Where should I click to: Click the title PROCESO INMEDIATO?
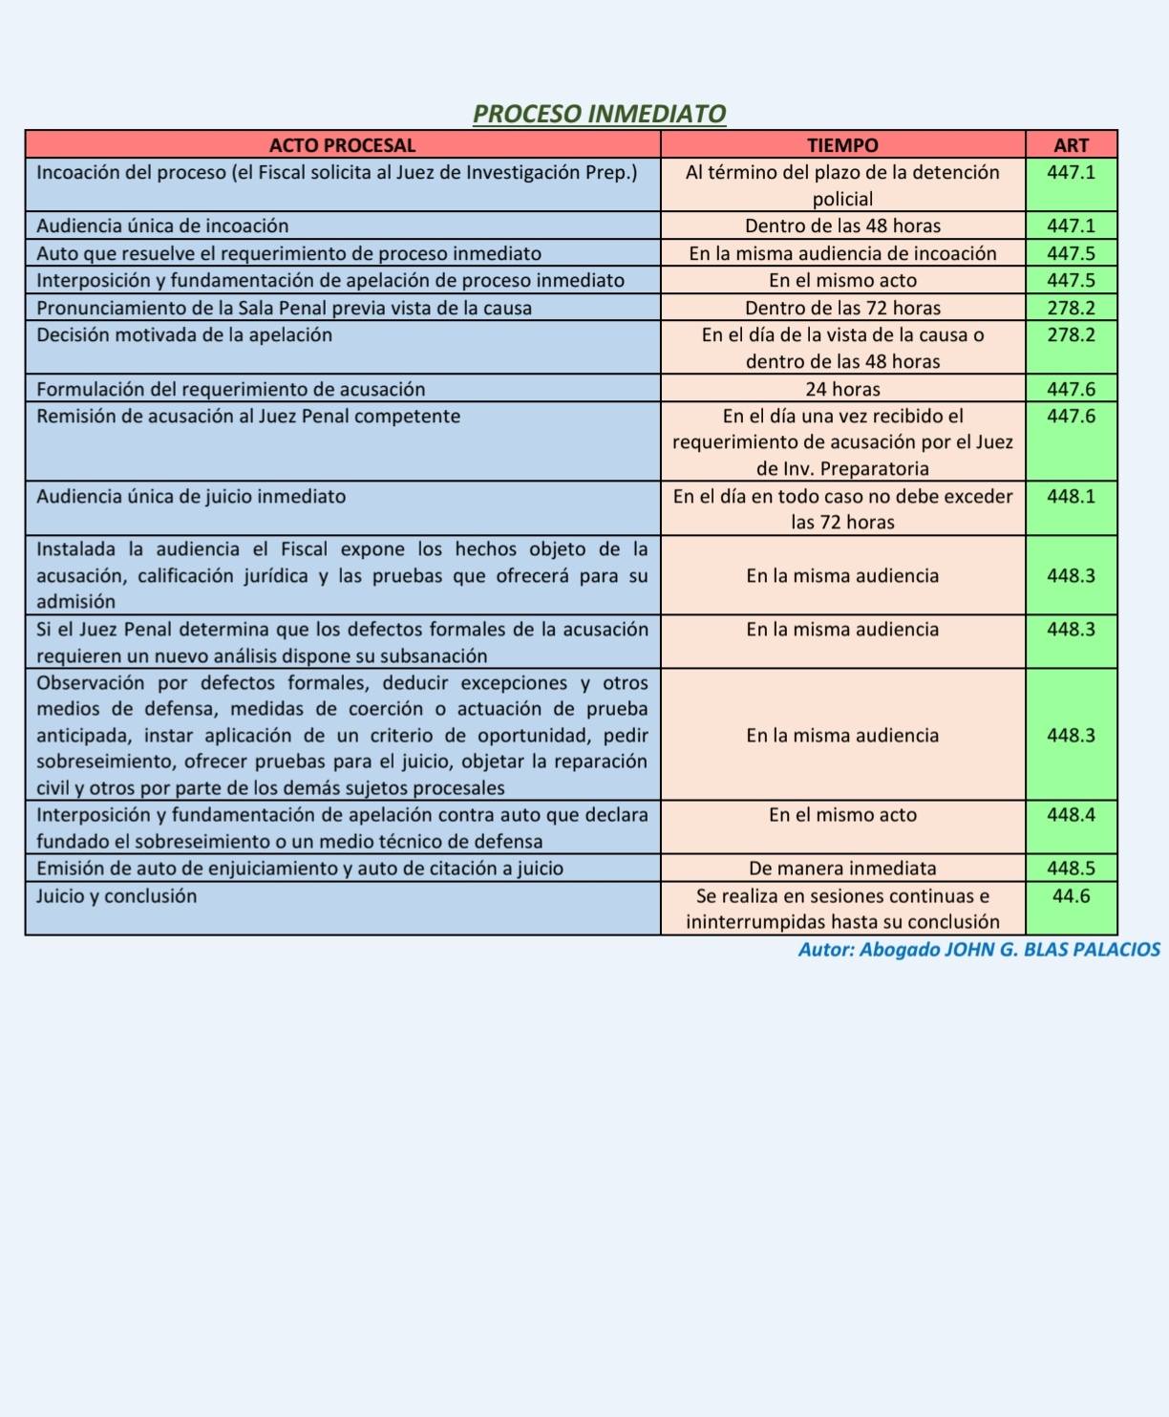click(x=599, y=114)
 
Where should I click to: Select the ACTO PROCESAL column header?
click(x=342, y=145)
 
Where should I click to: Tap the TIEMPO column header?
click(x=841, y=145)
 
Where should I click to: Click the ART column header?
click(x=1071, y=145)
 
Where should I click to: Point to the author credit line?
click(x=979, y=950)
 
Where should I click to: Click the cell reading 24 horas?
click(x=842, y=389)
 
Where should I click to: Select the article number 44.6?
click(x=1071, y=896)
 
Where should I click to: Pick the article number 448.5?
click(x=1071, y=869)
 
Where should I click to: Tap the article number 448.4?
click(x=1071, y=815)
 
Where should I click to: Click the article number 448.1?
click(x=1071, y=497)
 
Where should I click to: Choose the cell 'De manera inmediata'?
click(x=842, y=869)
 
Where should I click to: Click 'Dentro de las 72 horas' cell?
click(x=842, y=308)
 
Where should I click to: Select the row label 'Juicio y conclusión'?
click(x=117, y=896)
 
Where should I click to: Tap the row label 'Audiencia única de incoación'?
click(x=162, y=226)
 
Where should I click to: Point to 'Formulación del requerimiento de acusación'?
click(x=231, y=389)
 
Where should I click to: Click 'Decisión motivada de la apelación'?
click(x=184, y=335)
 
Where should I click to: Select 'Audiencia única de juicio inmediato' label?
click(x=191, y=497)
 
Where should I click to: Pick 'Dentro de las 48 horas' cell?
click(x=842, y=226)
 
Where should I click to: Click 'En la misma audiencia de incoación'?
click(x=842, y=253)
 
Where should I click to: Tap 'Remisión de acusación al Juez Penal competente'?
click(x=248, y=417)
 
